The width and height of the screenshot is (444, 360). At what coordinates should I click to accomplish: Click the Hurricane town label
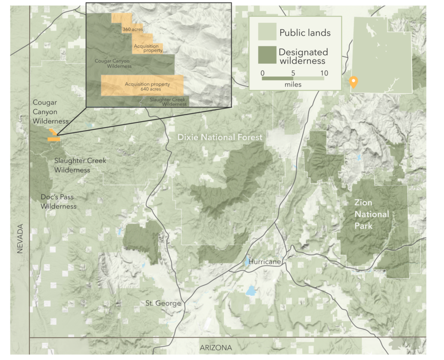[x=265, y=262]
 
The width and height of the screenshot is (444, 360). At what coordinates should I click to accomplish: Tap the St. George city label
[x=163, y=304]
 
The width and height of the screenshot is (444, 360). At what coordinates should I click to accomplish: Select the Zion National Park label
[x=372, y=214]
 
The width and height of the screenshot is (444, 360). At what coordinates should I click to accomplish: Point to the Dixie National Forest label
[x=220, y=138]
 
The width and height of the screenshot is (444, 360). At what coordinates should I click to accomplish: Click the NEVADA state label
[x=20, y=238]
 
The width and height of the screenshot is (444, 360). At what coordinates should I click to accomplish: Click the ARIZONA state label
[x=216, y=347]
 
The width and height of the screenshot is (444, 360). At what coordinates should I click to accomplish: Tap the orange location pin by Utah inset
[x=353, y=81]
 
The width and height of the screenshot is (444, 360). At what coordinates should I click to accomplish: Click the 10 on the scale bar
[x=324, y=73]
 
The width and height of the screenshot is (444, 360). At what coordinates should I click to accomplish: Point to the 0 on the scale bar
[x=263, y=73]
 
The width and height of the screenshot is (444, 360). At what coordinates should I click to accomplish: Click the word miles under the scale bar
[x=293, y=85]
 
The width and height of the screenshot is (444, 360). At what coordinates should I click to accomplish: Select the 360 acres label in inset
[x=132, y=29]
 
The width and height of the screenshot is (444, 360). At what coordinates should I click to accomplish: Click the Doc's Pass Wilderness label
[x=58, y=202]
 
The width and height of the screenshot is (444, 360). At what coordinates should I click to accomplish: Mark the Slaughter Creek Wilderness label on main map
[x=80, y=165]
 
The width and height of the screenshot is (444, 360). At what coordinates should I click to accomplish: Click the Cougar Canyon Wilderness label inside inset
[x=113, y=64]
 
